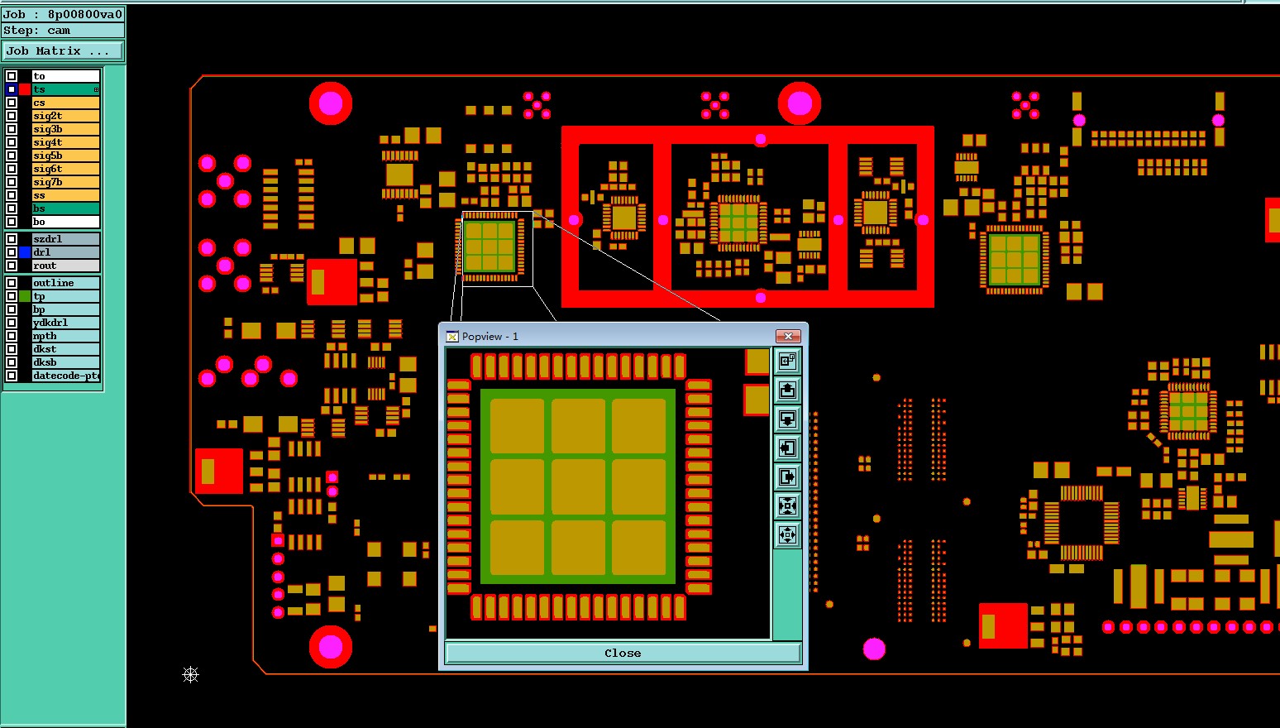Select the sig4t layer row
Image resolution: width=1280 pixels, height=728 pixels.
tap(65, 142)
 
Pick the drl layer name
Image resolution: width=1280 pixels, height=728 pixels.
tap(65, 252)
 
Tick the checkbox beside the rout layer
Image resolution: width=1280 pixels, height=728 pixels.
tap(12, 266)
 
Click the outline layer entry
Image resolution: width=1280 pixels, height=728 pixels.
tap(65, 283)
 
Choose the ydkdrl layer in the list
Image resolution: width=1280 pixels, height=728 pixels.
tap(65, 323)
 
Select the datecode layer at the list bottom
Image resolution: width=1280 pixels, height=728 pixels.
tap(65, 376)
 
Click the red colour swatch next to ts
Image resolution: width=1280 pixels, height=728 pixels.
tap(25, 89)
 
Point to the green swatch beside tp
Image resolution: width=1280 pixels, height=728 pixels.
tap(25, 296)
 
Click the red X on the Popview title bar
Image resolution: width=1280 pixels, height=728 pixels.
tap(788, 336)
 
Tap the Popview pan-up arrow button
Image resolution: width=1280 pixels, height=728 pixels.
tap(787, 390)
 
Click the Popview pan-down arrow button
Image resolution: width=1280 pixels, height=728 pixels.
tap(787, 419)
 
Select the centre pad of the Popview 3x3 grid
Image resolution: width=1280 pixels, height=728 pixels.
tap(578, 486)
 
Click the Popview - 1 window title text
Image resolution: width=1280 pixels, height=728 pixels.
tap(490, 337)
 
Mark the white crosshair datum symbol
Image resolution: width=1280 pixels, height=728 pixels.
tap(190, 675)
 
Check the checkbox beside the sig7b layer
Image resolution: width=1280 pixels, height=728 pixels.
tap(12, 182)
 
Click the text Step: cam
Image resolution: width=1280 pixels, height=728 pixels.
tap(37, 31)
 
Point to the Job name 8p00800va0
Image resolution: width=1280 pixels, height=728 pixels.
tap(84, 14)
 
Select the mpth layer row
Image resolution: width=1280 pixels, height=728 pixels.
tap(65, 336)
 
